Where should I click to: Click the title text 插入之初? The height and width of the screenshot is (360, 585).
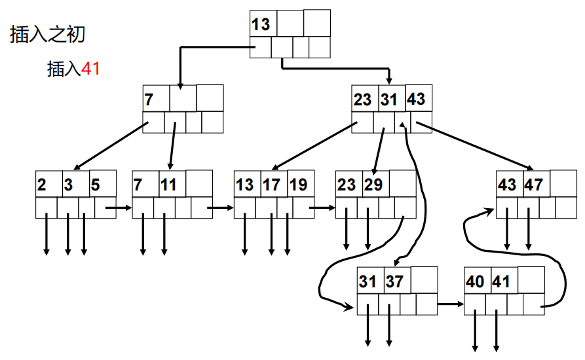(x=48, y=34)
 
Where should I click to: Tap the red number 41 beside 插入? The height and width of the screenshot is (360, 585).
(x=90, y=69)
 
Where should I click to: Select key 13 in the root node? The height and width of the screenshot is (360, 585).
(x=261, y=24)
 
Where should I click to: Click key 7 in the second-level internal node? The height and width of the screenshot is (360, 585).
(x=149, y=99)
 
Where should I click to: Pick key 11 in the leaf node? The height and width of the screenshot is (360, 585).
(x=169, y=185)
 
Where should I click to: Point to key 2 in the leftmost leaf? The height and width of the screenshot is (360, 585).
(x=43, y=185)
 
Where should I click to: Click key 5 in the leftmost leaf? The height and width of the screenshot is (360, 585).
(x=96, y=185)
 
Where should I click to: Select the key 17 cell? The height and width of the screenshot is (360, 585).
(x=272, y=185)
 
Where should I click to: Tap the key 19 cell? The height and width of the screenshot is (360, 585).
(x=297, y=185)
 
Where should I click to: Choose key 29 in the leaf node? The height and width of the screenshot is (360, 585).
(x=373, y=185)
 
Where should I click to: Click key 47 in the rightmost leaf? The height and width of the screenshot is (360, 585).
(x=534, y=185)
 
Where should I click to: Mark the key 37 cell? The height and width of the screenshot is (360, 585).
(x=394, y=281)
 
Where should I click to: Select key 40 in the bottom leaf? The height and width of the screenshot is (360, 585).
(x=475, y=281)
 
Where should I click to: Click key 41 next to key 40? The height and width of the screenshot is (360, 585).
(x=500, y=281)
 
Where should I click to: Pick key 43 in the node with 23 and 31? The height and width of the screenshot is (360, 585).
(x=416, y=99)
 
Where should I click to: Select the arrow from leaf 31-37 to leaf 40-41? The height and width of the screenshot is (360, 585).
(x=450, y=304)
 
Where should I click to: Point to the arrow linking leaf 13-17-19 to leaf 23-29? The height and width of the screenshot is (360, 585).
(x=322, y=208)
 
